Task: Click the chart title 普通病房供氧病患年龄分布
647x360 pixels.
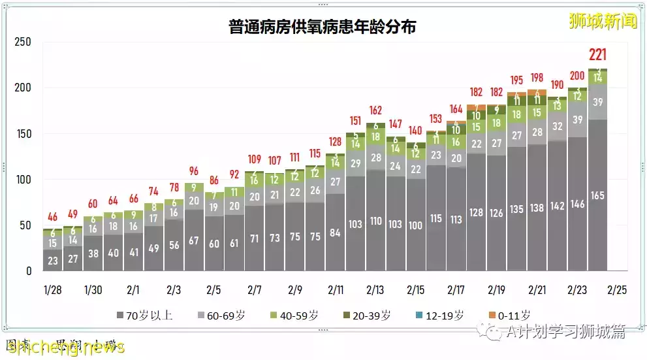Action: [323, 27]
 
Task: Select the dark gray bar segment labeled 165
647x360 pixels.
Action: [597, 195]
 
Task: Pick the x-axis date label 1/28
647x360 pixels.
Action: [52, 290]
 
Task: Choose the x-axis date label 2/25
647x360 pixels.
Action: [617, 290]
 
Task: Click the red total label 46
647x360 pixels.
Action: [52, 216]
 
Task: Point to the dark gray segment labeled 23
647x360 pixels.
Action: [52, 259]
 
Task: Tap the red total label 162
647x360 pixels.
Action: [375, 110]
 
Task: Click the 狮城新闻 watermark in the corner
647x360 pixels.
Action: [602, 21]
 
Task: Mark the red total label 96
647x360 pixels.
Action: [193, 171]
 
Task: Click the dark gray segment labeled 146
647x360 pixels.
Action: [577, 204]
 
